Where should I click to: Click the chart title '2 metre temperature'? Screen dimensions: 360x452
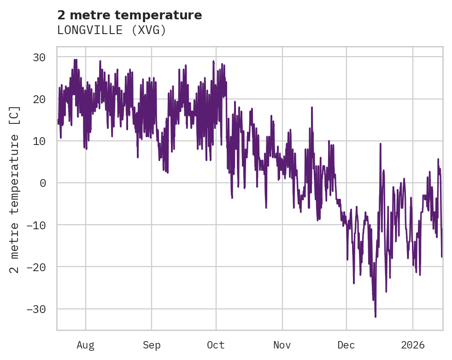click(x=129, y=15)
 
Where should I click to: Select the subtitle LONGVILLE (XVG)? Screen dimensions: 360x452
click(x=111, y=30)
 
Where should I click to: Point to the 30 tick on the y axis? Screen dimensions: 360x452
click(x=39, y=57)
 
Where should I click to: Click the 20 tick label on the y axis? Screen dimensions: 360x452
click(x=39, y=99)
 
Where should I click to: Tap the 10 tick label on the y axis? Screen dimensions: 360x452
click(x=39, y=141)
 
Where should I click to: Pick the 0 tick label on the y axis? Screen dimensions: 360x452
click(x=42, y=183)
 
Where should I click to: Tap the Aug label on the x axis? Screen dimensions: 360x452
click(x=85, y=345)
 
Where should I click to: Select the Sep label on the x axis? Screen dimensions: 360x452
click(x=151, y=345)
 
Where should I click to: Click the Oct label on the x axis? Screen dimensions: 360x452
click(x=216, y=345)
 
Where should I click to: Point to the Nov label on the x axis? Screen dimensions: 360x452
click(x=282, y=345)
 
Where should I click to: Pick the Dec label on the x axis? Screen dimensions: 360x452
click(x=346, y=345)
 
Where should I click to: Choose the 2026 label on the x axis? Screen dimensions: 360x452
click(x=413, y=345)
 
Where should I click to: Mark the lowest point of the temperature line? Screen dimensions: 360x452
click(x=376, y=317)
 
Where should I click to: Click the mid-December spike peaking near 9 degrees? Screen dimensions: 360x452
click(x=381, y=144)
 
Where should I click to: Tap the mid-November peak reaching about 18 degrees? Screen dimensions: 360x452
click(x=312, y=108)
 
